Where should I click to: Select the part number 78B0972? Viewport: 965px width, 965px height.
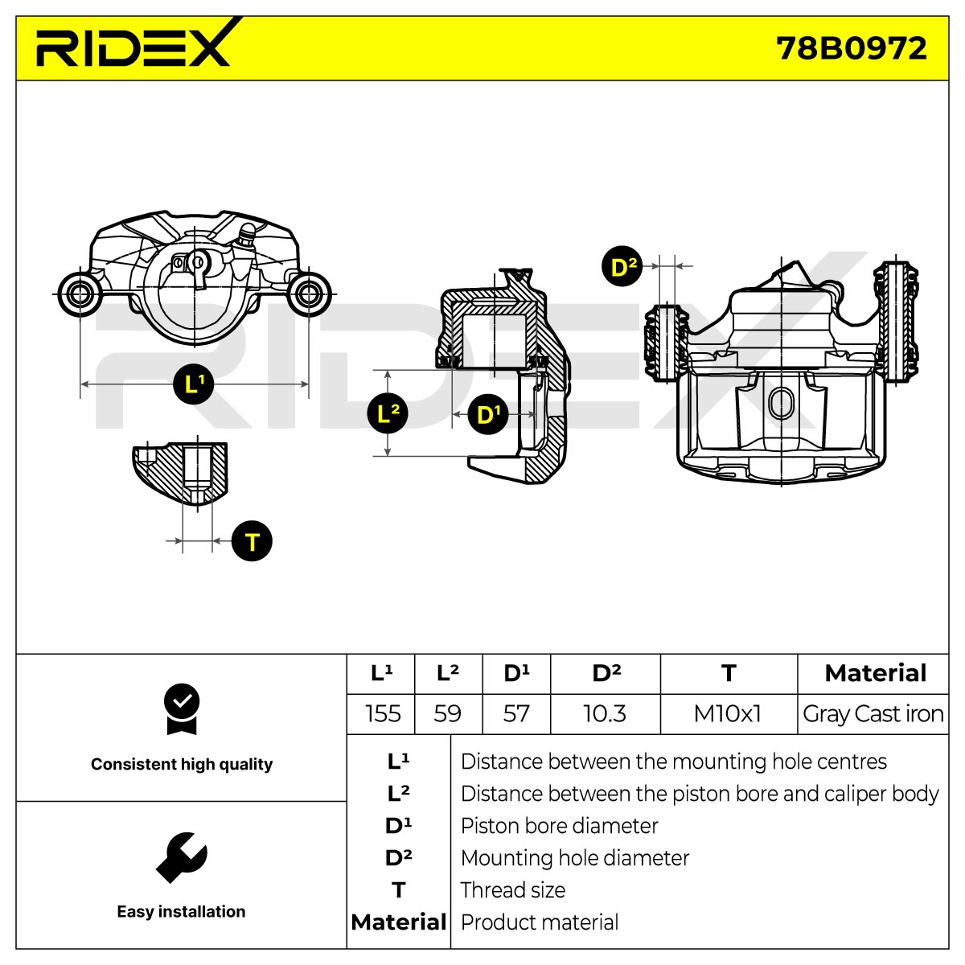[851, 48]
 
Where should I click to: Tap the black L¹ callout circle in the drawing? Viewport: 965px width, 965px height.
[193, 384]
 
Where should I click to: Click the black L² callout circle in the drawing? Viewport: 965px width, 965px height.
[388, 413]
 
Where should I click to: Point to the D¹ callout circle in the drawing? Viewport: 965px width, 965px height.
[488, 414]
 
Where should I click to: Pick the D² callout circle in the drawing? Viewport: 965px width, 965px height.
[622, 266]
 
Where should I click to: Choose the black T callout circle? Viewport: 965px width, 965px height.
[252, 541]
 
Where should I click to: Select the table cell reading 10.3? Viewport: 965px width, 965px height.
[605, 713]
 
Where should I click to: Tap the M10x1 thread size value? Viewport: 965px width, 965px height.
[728, 713]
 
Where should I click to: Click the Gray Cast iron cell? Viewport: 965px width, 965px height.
[873, 713]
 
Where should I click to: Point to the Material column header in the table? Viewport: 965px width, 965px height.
[875, 673]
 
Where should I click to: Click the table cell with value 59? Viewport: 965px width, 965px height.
[448, 713]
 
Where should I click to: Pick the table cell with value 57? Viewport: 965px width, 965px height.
[516, 713]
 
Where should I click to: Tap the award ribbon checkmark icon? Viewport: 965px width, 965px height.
[182, 708]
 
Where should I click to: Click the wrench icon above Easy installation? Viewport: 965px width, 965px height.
[181, 858]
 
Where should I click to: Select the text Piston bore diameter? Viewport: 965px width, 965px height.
[560, 826]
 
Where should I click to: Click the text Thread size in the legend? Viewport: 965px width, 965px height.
[513, 890]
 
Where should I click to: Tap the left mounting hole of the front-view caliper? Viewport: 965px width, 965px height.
[80, 294]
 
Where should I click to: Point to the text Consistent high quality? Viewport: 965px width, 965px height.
[182, 764]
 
